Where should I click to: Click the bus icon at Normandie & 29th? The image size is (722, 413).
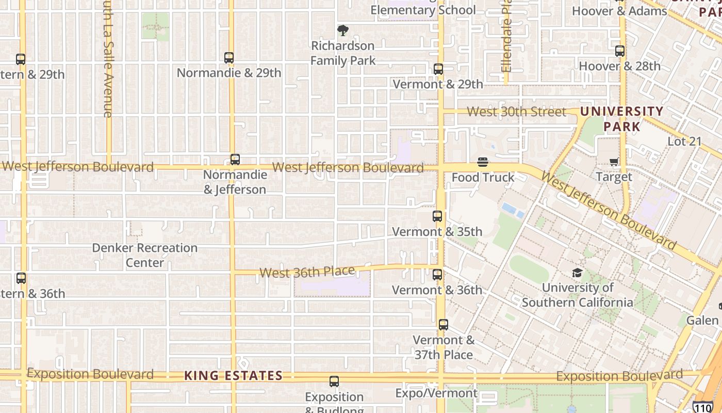(x=229, y=58)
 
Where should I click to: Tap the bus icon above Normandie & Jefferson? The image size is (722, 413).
(x=235, y=160)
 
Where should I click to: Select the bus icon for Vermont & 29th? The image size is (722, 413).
(x=438, y=69)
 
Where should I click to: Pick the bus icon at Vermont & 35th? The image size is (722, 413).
(x=437, y=217)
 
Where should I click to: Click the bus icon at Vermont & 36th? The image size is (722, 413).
(x=437, y=275)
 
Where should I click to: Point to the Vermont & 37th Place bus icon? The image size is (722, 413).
(x=444, y=325)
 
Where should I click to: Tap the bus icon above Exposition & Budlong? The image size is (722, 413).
(x=334, y=382)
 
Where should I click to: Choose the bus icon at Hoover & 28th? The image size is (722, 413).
(x=620, y=51)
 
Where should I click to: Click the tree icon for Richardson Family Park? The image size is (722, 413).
(x=342, y=30)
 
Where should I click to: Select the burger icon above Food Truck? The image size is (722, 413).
(x=483, y=162)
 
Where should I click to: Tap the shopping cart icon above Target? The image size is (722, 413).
(x=614, y=162)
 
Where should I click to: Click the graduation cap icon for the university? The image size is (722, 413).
(x=577, y=273)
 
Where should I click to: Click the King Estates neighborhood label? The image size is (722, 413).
(x=233, y=376)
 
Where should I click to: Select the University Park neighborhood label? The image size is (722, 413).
(x=621, y=119)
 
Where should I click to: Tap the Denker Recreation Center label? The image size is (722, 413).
(x=145, y=255)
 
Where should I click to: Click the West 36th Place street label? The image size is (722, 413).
(x=307, y=272)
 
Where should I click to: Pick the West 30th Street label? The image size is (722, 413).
(x=516, y=112)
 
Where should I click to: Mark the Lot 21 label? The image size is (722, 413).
(x=684, y=141)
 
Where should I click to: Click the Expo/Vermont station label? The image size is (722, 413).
(x=436, y=393)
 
